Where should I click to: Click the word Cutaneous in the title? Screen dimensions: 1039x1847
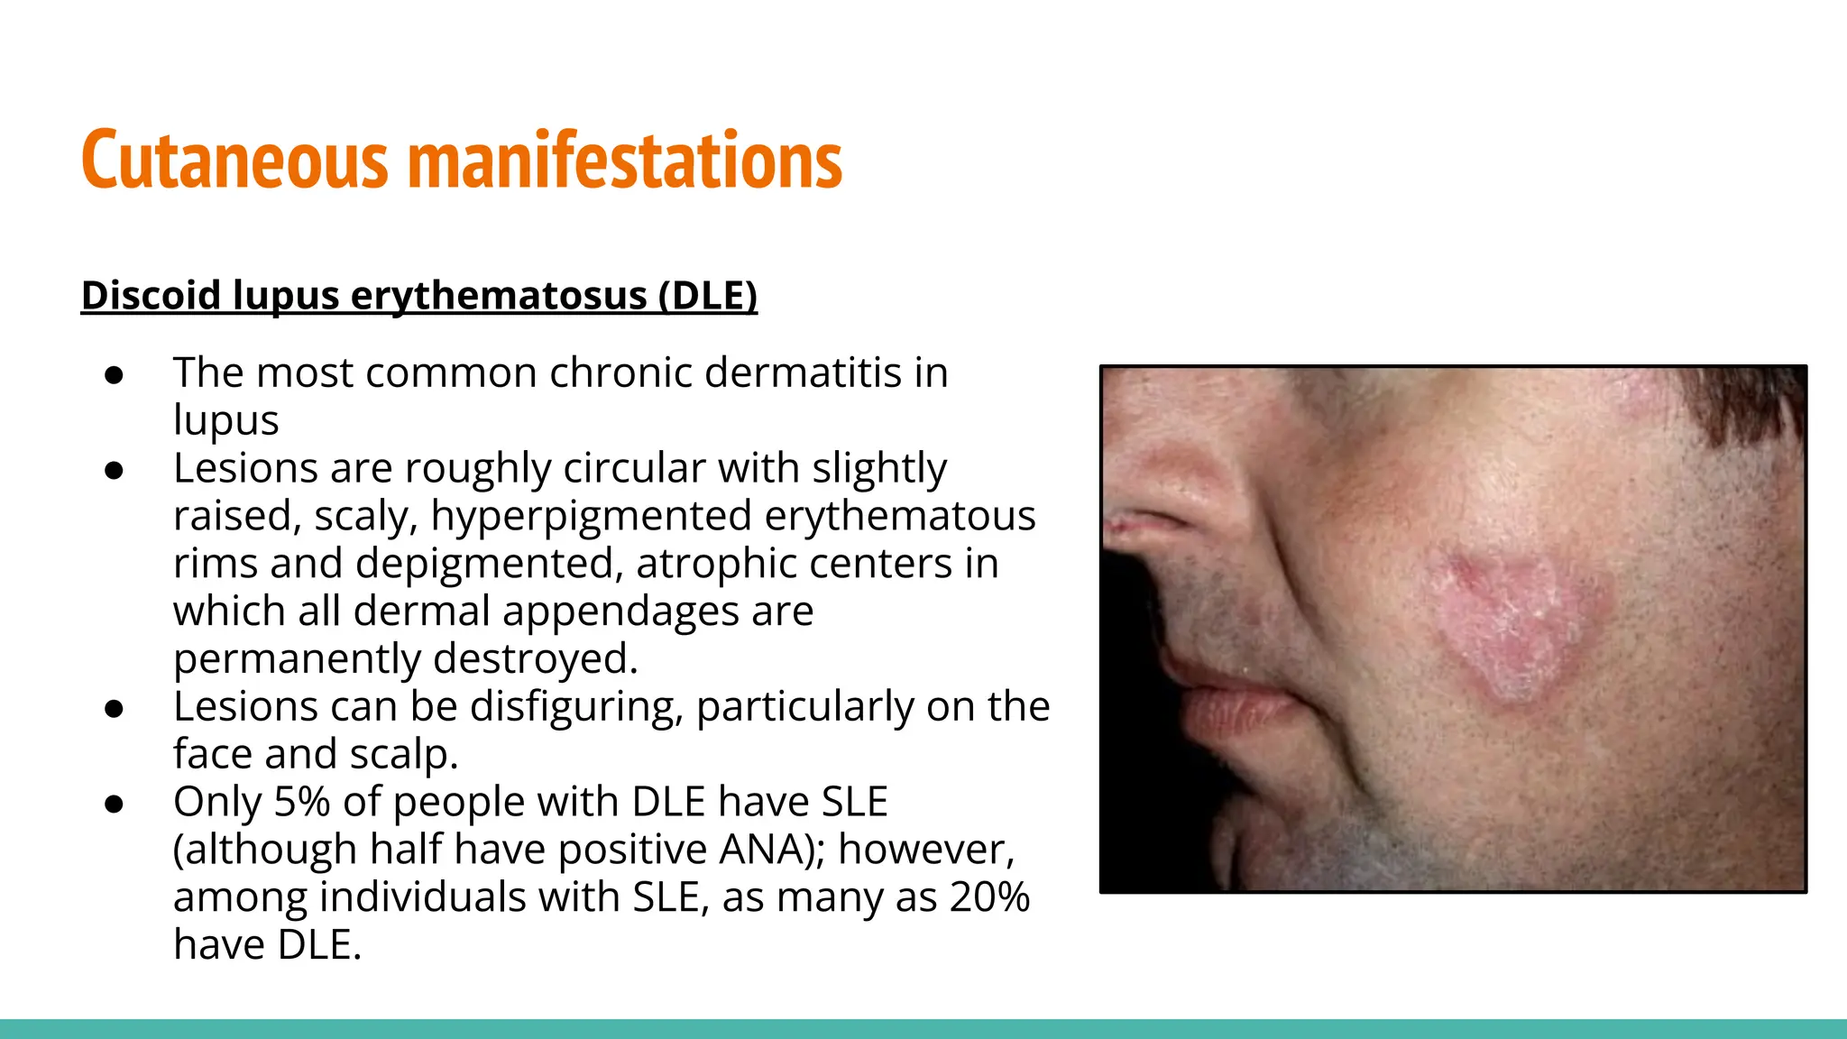coord(234,161)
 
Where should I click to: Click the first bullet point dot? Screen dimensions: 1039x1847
coord(114,374)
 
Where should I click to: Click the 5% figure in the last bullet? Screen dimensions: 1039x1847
coord(301,802)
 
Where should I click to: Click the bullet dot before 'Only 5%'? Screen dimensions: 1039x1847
coord(114,804)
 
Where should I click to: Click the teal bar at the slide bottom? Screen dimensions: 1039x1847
coord(923,1028)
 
